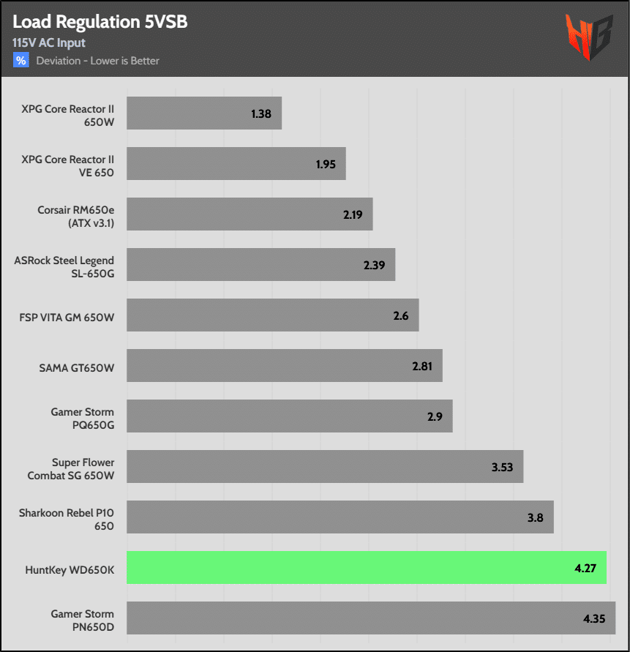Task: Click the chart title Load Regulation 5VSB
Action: (x=100, y=22)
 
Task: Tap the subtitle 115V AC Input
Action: (x=49, y=43)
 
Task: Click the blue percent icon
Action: (x=21, y=60)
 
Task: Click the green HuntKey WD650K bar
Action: (x=366, y=567)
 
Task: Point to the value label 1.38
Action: (x=261, y=114)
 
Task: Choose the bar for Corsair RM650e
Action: (x=250, y=214)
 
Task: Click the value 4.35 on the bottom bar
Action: (x=595, y=618)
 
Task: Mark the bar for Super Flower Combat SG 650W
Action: (x=325, y=466)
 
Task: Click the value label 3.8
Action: (x=535, y=517)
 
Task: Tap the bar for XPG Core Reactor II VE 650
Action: (x=236, y=164)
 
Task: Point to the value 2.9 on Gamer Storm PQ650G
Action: (x=434, y=416)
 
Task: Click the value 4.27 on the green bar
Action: (x=585, y=568)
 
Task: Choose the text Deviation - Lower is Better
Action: (x=98, y=60)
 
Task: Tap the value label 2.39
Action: (x=374, y=265)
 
